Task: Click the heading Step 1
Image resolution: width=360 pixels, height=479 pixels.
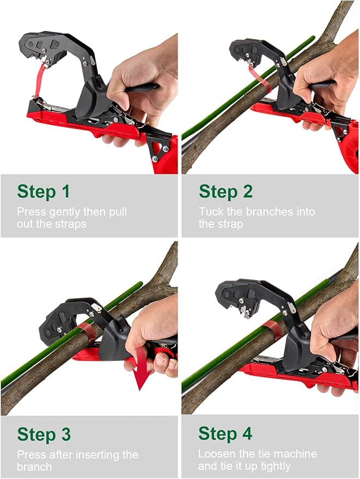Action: tap(44, 192)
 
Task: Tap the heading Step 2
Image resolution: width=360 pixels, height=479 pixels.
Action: tap(225, 192)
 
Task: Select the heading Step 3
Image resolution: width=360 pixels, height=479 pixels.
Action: tap(44, 434)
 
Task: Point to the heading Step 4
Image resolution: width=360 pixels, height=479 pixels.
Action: tap(225, 434)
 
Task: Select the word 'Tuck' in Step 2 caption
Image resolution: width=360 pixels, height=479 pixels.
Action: tap(210, 211)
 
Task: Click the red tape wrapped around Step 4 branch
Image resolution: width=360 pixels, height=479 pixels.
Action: tap(272, 330)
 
